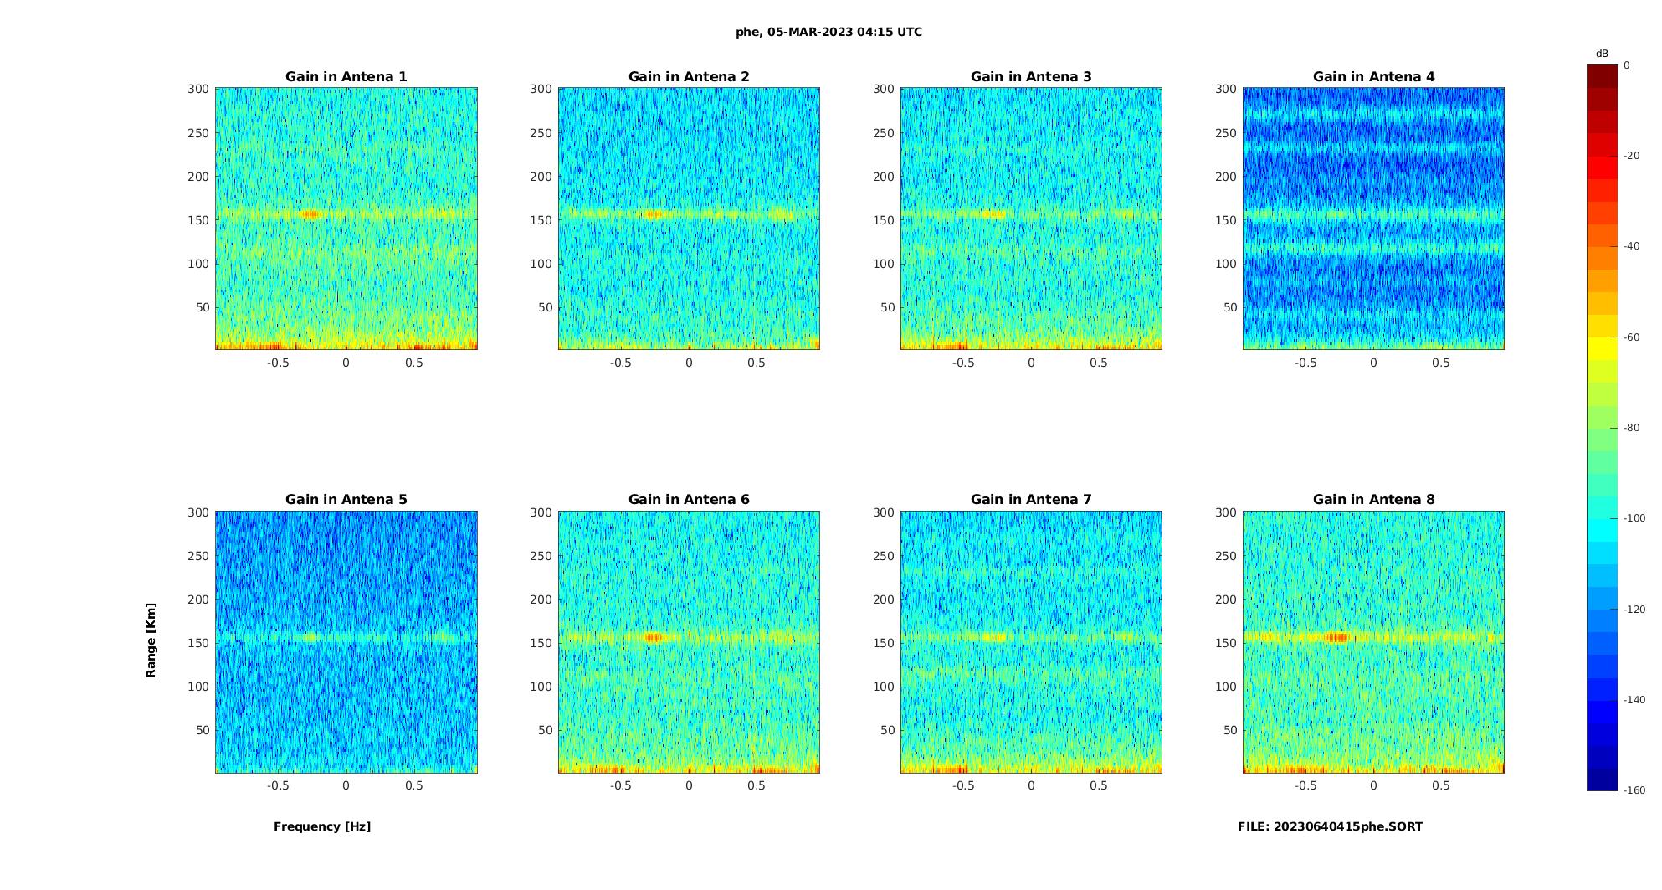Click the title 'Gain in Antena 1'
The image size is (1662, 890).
(346, 77)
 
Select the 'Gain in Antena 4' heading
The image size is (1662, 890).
(1373, 77)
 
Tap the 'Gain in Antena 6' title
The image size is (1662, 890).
(689, 500)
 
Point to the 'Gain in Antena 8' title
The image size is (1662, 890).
(1373, 500)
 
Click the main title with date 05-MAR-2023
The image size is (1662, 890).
(828, 33)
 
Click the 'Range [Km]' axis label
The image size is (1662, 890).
(151, 640)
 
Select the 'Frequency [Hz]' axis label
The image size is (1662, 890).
(322, 826)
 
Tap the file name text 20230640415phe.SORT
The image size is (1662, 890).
(1330, 826)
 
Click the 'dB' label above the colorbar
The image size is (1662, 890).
(1601, 54)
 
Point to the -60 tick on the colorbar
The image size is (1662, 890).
(1632, 337)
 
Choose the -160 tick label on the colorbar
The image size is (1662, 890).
(1634, 790)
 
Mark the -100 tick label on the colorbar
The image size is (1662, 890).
(1634, 518)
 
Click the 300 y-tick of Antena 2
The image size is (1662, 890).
(541, 89)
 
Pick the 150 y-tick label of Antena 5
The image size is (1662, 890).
(198, 643)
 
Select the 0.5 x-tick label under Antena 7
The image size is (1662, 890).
(1098, 785)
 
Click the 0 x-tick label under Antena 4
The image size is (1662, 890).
(1373, 363)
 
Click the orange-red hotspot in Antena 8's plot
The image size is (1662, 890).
(1337, 637)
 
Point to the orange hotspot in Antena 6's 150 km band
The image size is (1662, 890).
(653, 637)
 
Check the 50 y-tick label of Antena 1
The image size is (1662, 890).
(203, 307)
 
